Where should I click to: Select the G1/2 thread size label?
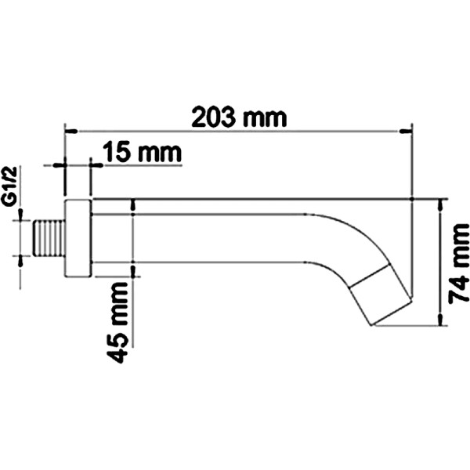coord(9,186)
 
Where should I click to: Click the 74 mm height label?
coord(459,266)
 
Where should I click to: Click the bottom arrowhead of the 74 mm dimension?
coord(440,321)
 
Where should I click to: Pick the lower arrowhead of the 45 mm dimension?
coord(134,271)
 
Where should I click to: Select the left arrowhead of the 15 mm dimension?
coord(60,165)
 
